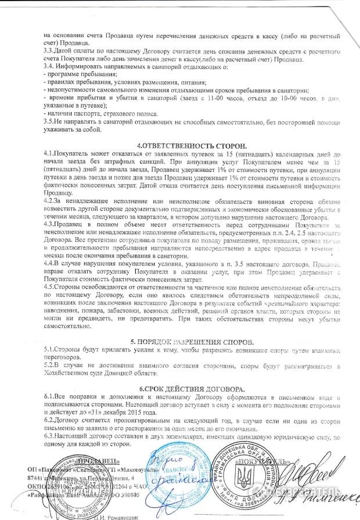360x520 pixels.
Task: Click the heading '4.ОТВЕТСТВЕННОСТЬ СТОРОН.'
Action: coord(192,145)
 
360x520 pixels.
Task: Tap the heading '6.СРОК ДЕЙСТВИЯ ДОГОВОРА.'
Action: coord(191,388)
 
